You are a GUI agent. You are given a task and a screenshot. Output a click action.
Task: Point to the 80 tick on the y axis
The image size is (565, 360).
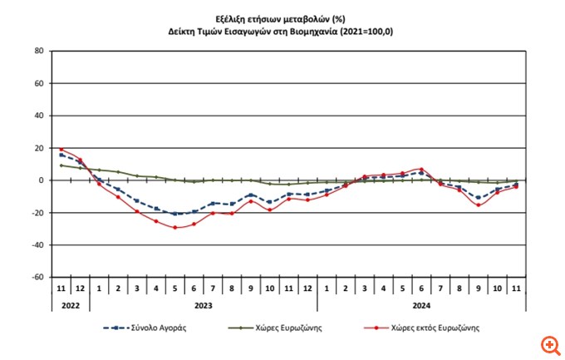coord(38,51)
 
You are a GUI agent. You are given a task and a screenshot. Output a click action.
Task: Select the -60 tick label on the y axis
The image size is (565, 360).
coord(37,278)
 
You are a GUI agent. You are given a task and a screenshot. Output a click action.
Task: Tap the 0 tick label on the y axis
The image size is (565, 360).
coord(40,180)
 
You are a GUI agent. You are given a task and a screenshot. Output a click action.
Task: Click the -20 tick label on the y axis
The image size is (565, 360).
coord(37,213)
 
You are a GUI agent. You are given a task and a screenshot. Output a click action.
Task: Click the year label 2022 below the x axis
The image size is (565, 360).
coord(71,305)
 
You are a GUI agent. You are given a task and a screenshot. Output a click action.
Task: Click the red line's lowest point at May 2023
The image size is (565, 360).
coord(174,228)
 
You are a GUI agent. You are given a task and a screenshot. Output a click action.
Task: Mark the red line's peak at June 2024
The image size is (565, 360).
coord(422,169)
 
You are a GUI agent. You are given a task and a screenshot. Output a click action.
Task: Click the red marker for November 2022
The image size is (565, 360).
coord(61,150)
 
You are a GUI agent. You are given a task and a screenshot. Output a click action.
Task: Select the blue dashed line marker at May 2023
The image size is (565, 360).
coord(174,214)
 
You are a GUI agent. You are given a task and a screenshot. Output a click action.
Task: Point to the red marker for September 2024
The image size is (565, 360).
coord(478,205)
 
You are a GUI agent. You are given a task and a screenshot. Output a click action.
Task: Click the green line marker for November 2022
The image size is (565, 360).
coord(61,165)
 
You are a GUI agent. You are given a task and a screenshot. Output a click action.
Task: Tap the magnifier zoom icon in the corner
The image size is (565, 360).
coord(548,343)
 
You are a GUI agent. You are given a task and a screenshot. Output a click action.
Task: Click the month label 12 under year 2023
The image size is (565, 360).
coord(307,289)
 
